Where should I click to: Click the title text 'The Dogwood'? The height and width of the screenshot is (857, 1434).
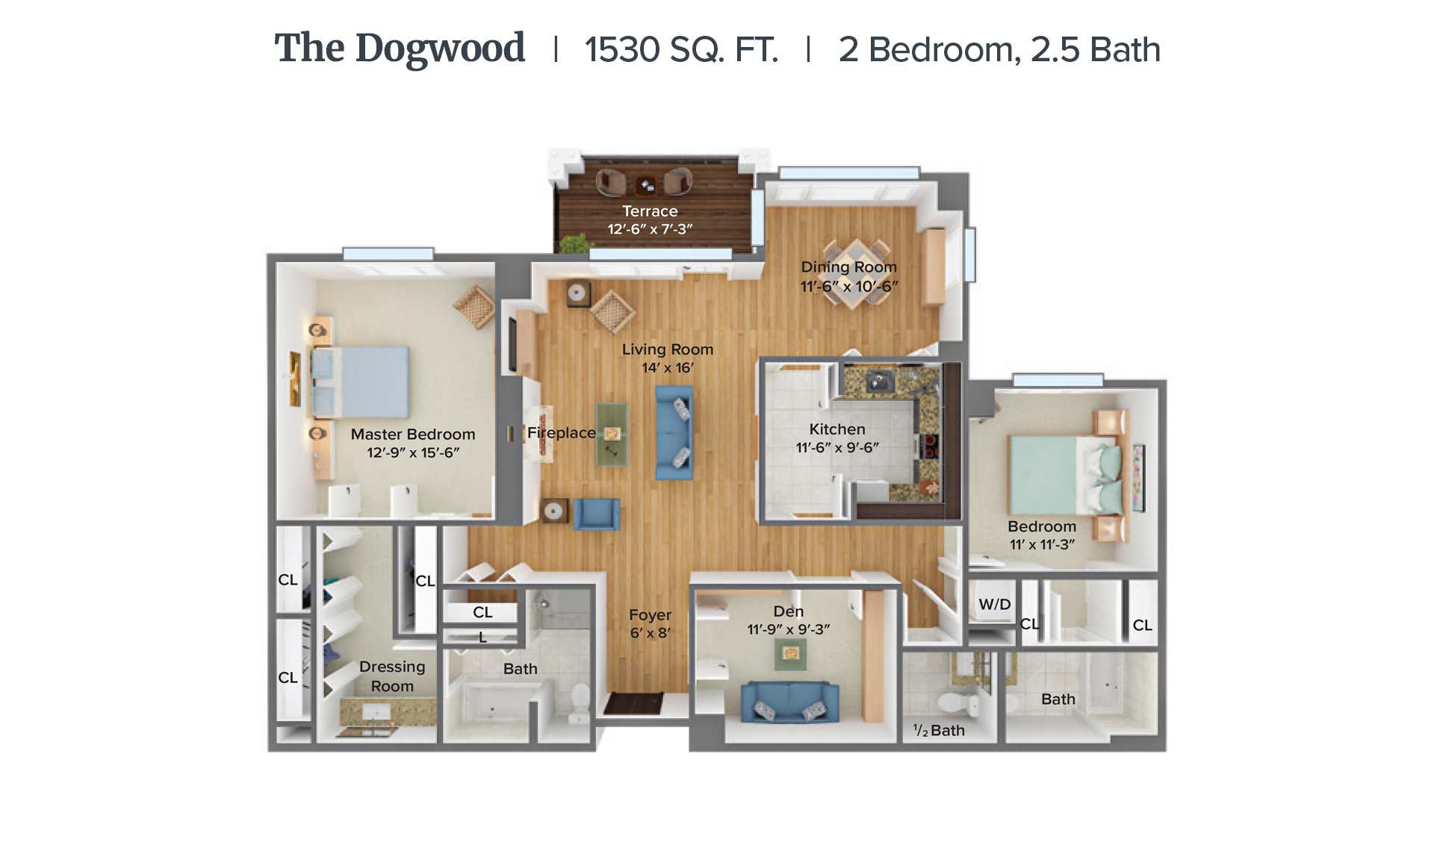pos(400,49)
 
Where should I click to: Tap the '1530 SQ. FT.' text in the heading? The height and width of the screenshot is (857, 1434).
pos(681,50)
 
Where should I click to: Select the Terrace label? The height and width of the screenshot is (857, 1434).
pos(650,211)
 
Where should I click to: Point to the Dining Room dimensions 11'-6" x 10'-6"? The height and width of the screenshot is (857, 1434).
pos(849,286)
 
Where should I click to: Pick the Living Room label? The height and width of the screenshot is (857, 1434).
pos(668,349)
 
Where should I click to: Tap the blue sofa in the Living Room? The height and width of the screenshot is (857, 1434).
pos(674,432)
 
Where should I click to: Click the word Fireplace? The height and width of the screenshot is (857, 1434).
pos(562,433)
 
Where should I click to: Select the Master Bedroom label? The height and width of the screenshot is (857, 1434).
pos(413,434)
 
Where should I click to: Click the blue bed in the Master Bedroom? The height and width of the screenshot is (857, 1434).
pos(360,381)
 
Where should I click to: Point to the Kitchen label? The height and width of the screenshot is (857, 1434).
pos(837,429)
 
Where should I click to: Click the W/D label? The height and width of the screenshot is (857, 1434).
pos(995,605)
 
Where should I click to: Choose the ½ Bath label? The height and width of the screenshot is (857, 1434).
pos(939,731)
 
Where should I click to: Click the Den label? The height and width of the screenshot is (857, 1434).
pos(789,611)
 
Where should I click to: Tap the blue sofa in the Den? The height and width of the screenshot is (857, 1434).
pos(790,702)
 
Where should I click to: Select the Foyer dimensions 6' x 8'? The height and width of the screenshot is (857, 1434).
pos(650,633)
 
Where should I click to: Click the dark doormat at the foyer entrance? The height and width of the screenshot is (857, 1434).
pos(633,703)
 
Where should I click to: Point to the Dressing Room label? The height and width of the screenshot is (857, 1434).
pos(392,676)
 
